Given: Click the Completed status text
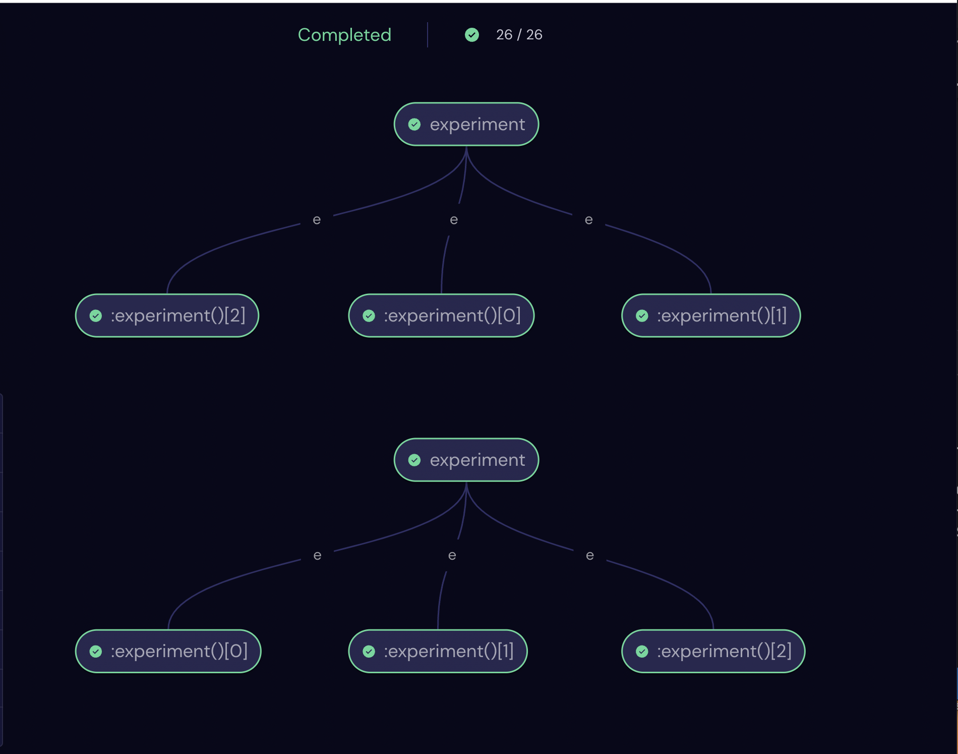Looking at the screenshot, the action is [x=344, y=35].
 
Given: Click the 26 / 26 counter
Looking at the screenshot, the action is [x=519, y=34].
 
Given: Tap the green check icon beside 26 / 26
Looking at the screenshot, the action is [x=472, y=35].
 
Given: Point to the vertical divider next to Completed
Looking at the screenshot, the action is [x=428, y=35].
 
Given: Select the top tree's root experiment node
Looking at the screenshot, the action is [x=466, y=124].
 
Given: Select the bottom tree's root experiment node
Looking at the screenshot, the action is [x=466, y=460].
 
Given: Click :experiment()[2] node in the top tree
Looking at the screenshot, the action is [x=167, y=315].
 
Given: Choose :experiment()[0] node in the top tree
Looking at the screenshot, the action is [x=441, y=315].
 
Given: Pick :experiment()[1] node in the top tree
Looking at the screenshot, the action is [x=711, y=315].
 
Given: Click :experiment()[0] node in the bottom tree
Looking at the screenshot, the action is [x=168, y=651].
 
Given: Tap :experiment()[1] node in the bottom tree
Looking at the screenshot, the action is [x=438, y=651].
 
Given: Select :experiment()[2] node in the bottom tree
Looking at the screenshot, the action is [x=713, y=651].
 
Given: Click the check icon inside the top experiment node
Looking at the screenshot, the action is [x=414, y=125].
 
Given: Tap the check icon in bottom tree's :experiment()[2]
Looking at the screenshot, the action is [x=642, y=652].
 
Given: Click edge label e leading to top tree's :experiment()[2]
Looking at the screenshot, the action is [x=317, y=220].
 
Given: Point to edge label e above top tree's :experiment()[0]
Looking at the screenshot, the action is [x=454, y=220].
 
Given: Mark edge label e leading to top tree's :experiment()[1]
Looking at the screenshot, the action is [x=588, y=220].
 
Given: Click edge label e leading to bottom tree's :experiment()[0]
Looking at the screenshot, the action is [x=317, y=556].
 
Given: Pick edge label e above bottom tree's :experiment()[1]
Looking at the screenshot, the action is [x=452, y=556].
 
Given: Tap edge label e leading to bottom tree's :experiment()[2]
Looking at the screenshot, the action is [x=590, y=556].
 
